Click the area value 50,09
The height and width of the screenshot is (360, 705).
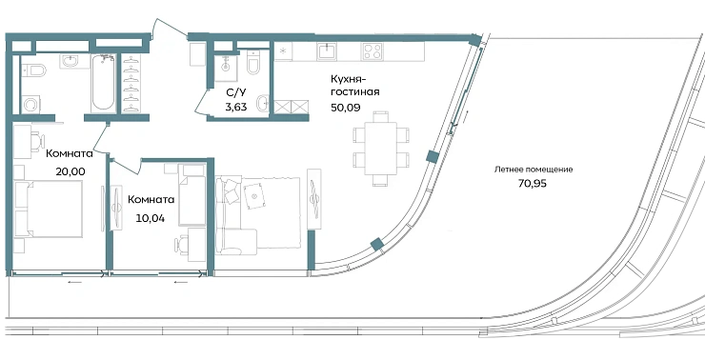[346, 108]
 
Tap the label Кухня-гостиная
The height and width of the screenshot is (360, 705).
[355, 86]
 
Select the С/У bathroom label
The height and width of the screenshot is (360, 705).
[236, 93]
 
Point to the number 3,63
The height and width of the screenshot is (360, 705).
[236, 107]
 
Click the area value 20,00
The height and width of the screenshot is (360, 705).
[70, 171]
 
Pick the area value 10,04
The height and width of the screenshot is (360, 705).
[151, 218]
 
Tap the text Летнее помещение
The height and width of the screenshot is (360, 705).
[534, 170]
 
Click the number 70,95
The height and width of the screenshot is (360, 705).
[533, 184]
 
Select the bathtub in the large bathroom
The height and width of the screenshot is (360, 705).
[103, 83]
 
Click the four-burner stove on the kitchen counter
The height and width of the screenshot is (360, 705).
[372, 51]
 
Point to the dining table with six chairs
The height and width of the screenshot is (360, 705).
[381, 149]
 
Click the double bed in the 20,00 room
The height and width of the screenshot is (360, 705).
[48, 209]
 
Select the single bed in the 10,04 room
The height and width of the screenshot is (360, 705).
[192, 194]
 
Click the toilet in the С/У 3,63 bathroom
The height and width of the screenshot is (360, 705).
[254, 63]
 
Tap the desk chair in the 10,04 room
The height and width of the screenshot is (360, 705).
[182, 245]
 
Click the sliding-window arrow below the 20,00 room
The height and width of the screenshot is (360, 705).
[75, 282]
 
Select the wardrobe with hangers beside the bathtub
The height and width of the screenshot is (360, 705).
[131, 84]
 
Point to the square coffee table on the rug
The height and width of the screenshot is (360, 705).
[255, 196]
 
